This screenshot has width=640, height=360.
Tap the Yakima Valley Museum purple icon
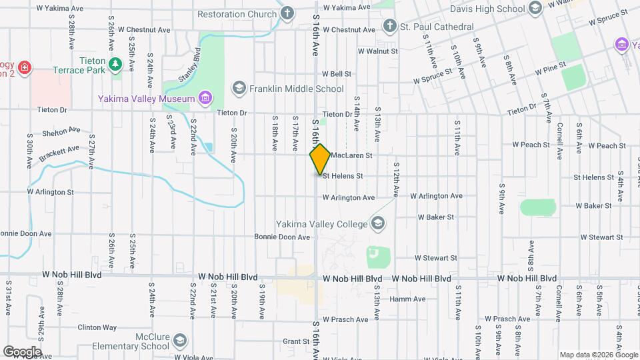click(205, 99)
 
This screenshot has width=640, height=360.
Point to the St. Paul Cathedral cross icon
click(390, 27)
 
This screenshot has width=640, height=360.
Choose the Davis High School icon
click(535, 9)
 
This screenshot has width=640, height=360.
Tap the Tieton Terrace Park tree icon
click(116, 64)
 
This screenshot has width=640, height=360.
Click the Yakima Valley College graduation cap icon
click(379, 223)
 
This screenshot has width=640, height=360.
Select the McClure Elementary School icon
click(179, 341)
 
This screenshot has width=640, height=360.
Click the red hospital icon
click(25, 68)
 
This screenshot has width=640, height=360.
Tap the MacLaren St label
click(350, 155)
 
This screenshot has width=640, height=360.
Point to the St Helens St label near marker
click(343, 176)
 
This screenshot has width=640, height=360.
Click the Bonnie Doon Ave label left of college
click(282, 237)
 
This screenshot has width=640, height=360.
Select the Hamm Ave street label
click(407, 299)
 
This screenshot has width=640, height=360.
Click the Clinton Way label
click(97, 327)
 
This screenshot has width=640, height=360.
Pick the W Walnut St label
click(377, 51)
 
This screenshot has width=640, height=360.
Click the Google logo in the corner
click(21, 351)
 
